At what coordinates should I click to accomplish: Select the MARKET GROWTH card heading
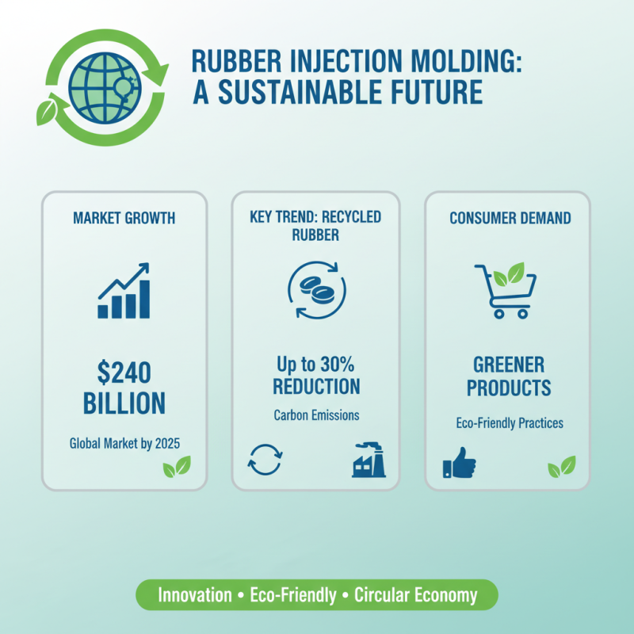tap(124, 217)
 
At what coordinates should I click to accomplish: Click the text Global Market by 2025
tap(124, 442)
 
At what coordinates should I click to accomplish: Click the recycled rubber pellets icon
tap(316, 289)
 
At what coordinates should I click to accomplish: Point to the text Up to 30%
tap(316, 365)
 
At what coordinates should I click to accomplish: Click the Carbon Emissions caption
tap(316, 414)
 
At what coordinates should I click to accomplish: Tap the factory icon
tap(369, 460)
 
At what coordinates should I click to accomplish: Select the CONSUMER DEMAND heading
tap(510, 217)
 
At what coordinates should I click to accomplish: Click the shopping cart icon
tap(505, 289)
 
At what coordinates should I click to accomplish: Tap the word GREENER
tap(509, 365)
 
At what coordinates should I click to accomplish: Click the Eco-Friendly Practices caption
tap(510, 423)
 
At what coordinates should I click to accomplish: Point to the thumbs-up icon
tap(459, 463)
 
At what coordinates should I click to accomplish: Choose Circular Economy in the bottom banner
tap(415, 595)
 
